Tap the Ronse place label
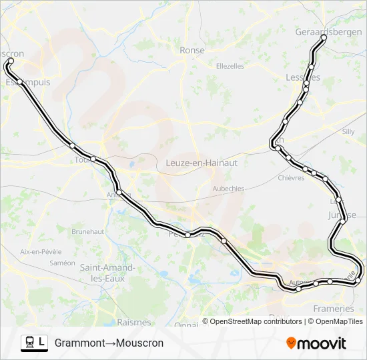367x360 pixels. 192,50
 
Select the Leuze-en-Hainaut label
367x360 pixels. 201,162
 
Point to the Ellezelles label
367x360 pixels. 231,66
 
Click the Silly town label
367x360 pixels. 348,132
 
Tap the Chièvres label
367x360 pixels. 291,178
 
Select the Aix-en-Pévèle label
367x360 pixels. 41,252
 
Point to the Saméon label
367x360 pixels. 62,263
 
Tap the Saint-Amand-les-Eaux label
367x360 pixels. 107,273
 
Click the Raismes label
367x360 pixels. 133,322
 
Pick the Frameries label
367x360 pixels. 334,309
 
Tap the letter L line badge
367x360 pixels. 42,343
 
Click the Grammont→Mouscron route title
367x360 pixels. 109,343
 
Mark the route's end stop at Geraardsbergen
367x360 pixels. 324,38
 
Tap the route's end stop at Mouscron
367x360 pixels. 11,61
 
